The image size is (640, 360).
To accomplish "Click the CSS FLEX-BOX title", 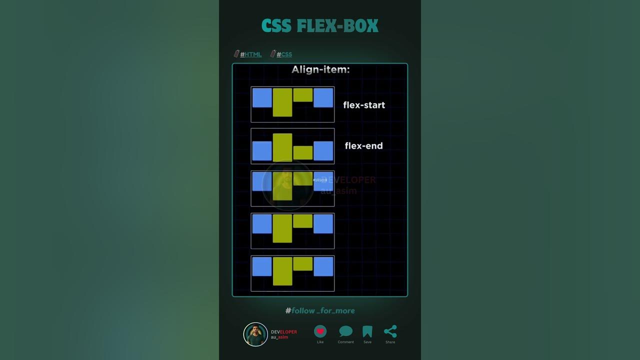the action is (x=320, y=26).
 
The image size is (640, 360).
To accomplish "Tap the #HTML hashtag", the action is (x=250, y=54).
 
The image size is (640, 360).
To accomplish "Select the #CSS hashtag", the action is (x=284, y=54).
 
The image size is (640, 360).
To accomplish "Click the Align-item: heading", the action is (x=320, y=69).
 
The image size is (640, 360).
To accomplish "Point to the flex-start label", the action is (x=364, y=105).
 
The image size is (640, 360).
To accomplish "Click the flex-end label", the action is (x=363, y=146).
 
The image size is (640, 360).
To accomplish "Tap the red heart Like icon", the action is (x=320, y=331).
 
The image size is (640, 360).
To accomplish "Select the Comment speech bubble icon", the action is (x=345, y=331).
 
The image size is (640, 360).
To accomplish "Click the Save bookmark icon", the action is (x=367, y=331).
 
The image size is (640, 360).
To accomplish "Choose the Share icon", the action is (x=390, y=331).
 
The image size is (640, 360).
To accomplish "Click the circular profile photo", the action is (x=255, y=334).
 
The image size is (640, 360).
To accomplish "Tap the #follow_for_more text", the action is (x=320, y=310).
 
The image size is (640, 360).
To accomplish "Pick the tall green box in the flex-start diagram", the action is (x=282, y=102).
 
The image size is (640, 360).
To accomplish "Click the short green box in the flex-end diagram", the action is (x=303, y=152).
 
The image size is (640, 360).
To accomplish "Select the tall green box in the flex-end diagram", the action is (x=282, y=147).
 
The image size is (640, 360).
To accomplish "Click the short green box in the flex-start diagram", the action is (x=303, y=95).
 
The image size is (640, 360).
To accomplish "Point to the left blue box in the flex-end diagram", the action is (x=262, y=151).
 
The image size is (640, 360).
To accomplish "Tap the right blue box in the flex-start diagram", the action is (x=323, y=97).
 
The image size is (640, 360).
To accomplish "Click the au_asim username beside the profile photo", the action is (x=279, y=337).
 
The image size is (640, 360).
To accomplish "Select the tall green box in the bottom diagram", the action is (x=282, y=271).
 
